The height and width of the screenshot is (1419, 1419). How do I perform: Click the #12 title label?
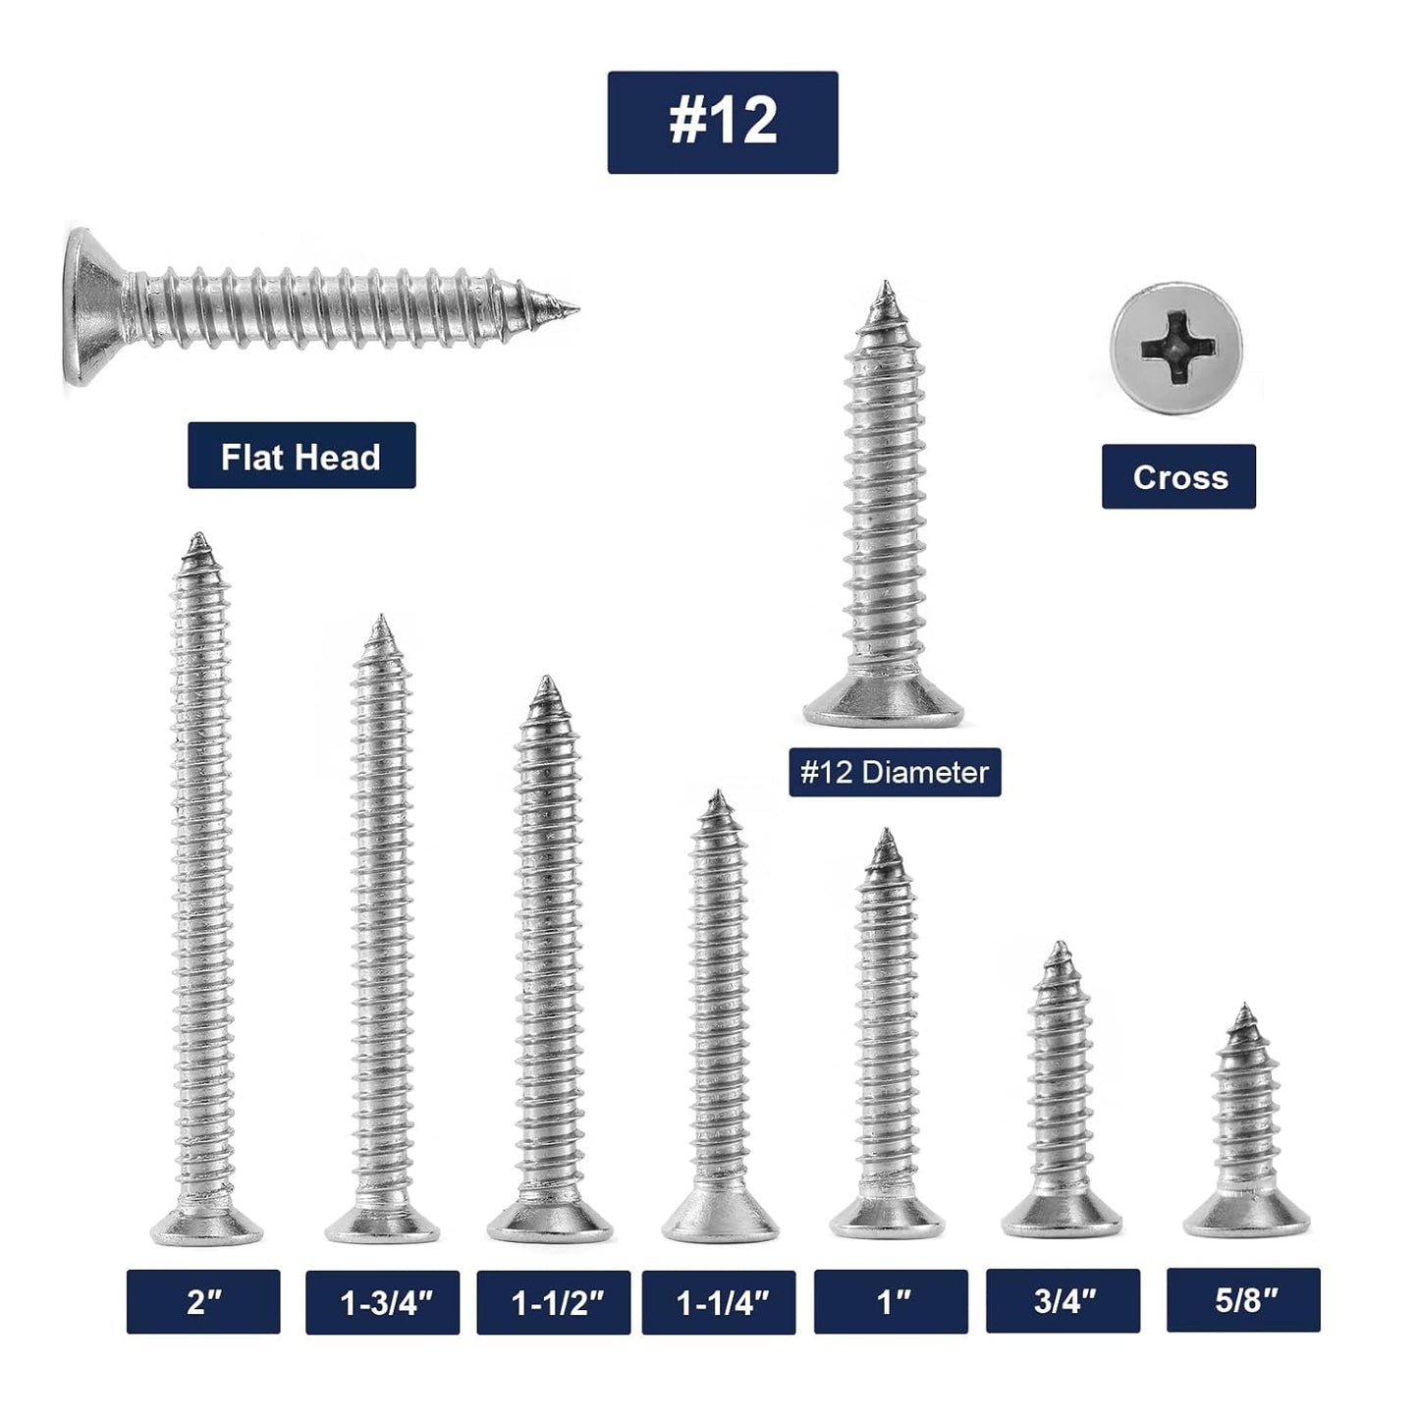722,123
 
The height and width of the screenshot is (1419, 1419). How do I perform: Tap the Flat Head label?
301,456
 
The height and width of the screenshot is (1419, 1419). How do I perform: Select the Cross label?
1178,477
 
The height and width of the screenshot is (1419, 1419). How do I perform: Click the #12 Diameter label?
895,772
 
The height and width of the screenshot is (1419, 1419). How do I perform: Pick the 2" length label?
203,1302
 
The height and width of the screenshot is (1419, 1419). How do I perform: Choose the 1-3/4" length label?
382,1302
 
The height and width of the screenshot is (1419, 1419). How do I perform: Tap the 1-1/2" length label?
554,1302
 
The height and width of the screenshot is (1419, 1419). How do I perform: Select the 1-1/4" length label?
719,1302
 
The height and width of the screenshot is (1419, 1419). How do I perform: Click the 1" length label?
891,1301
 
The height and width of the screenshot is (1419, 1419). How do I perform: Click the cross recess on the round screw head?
1175,349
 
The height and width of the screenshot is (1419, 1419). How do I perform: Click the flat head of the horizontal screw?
88,306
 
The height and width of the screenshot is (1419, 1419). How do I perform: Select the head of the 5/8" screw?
1246,1220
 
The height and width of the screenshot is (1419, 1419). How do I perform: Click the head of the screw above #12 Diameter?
884,705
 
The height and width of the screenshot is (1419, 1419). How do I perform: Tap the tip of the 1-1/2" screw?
548,682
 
